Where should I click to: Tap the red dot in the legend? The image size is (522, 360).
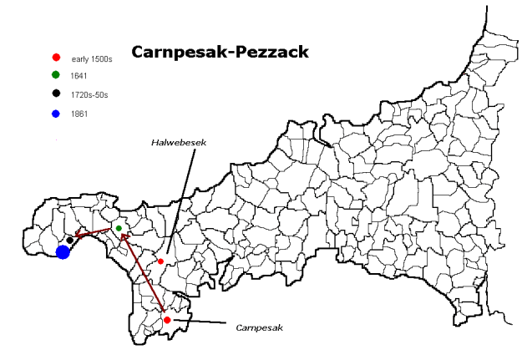(x=56, y=58)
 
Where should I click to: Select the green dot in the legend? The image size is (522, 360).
(x=56, y=76)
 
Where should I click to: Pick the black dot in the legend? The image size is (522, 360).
(x=56, y=94)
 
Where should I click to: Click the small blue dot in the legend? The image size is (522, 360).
(x=56, y=113)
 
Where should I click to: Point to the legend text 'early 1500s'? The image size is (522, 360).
(x=92, y=58)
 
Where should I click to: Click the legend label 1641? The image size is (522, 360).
(x=79, y=77)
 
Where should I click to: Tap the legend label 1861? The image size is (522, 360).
(x=79, y=114)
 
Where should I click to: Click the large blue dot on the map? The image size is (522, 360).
(x=63, y=251)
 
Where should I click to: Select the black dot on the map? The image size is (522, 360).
(x=69, y=241)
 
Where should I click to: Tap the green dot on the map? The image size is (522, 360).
(x=119, y=228)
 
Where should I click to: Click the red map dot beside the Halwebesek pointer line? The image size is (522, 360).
(x=160, y=261)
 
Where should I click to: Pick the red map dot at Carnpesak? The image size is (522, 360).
(x=167, y=320)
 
